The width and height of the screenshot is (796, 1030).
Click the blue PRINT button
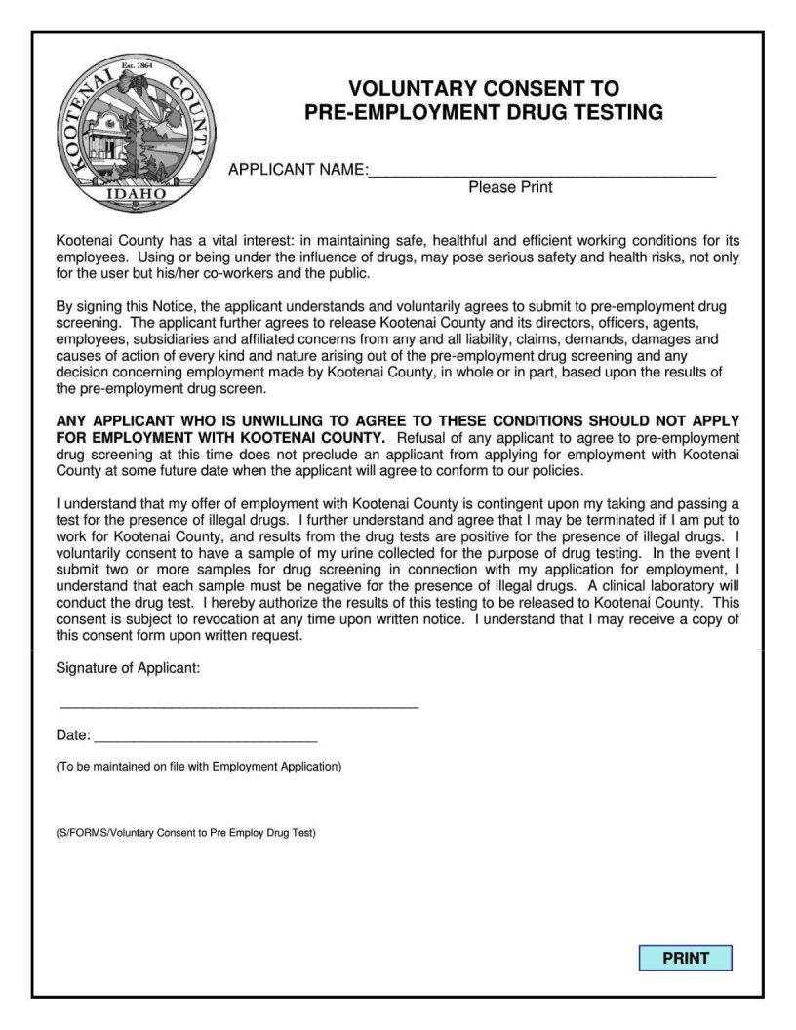[x=685, y=958]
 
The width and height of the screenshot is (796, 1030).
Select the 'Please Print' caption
[x=510, y=187]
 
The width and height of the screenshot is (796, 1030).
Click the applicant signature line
[x=239, y=702]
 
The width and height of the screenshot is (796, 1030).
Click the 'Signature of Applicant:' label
[x=129, y=668]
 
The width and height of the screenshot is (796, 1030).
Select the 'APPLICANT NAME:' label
[x=298, y=170]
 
